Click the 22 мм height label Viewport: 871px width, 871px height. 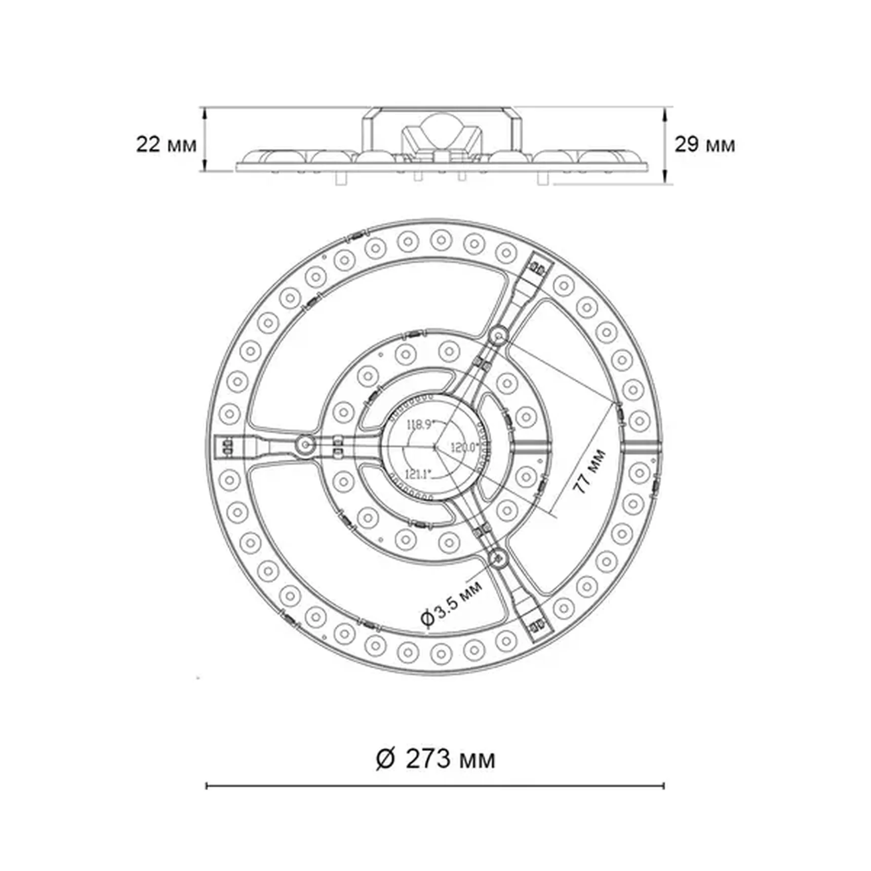[166, 145]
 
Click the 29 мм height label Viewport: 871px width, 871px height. [704, 145]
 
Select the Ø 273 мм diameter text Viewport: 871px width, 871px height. [435, 759]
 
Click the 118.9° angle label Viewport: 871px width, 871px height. [421, 424]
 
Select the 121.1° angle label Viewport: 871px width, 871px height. [418, 474]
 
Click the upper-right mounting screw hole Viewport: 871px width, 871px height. [499, 335]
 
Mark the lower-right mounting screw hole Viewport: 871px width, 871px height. [498, 558]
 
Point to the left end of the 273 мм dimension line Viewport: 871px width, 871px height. [207, 786]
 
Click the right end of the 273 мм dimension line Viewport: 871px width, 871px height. [664, 786]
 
